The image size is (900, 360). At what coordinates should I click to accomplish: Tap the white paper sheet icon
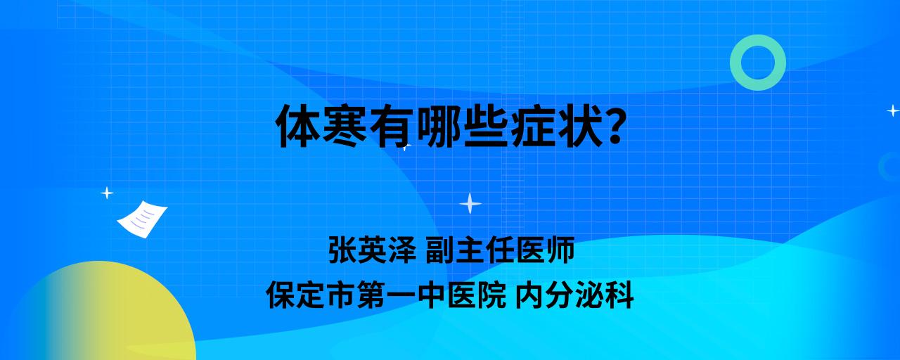pos(142,219)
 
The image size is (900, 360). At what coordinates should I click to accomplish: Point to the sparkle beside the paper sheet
pos(107,193)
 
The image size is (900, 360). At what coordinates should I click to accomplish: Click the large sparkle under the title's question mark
pos(470,203)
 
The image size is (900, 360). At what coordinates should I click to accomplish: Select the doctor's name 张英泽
pos(373,250)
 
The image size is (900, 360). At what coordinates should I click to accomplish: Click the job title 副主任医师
pos(500,250)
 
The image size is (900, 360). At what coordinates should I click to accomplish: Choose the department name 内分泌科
pos(574,295)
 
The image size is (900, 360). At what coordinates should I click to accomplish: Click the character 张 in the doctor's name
pos(343,250)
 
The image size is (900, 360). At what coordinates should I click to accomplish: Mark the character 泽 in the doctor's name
pos(402,250)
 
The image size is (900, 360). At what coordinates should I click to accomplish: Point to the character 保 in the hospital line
pos(281,295)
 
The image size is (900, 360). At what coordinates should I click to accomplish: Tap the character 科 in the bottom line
pos(619,295)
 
